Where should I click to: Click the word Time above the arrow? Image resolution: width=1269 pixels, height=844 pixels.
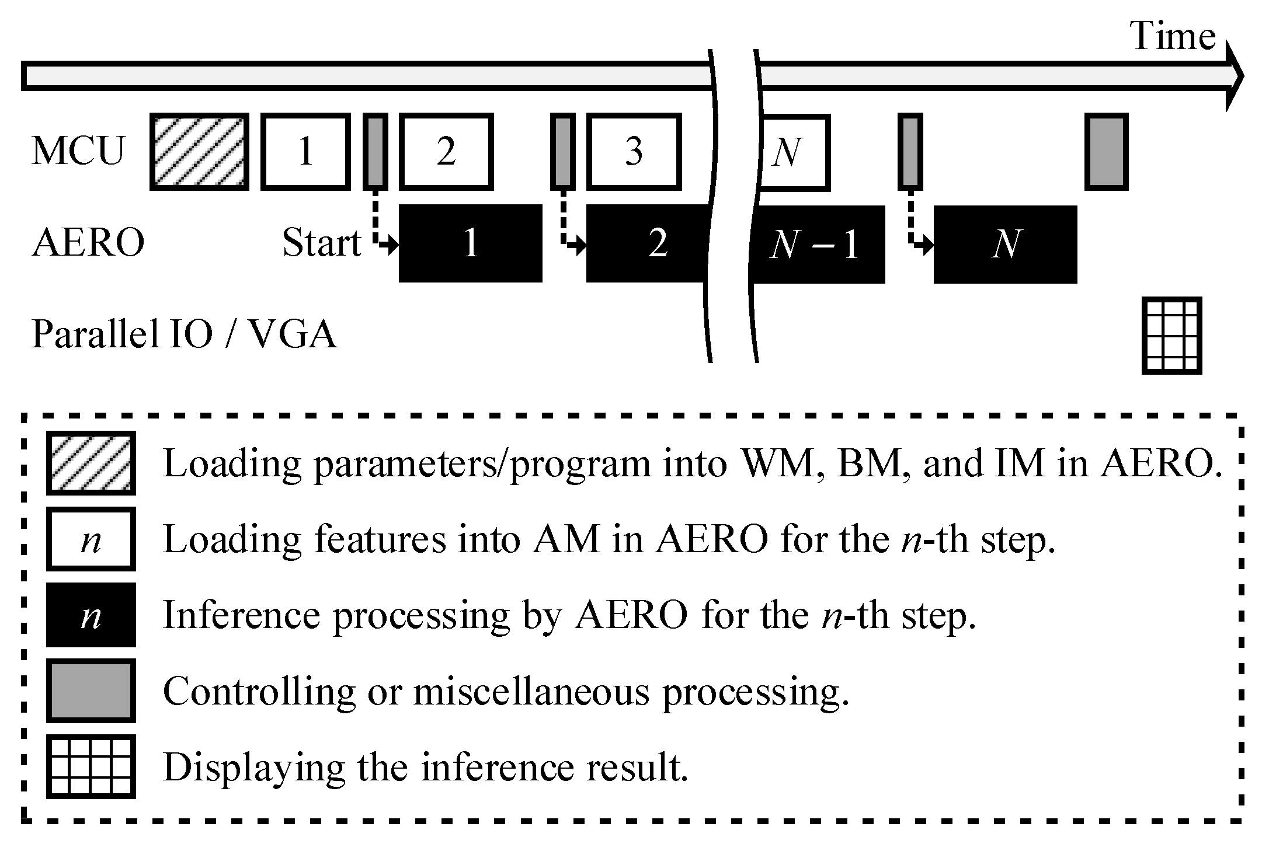point(1173,36)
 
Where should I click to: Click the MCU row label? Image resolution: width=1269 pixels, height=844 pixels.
point(78,152)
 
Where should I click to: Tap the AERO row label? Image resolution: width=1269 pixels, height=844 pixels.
point(88,243)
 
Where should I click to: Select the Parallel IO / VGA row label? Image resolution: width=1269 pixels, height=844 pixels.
point(183,334)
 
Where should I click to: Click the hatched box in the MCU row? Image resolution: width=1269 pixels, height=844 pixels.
point(199,152)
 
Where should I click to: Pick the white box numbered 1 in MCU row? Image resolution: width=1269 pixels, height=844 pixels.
point(305,152)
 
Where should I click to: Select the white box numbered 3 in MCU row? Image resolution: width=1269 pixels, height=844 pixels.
point(634,152)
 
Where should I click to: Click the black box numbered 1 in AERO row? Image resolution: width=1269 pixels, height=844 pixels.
point(470,243)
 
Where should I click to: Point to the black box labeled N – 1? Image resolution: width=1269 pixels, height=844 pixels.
point(816,244)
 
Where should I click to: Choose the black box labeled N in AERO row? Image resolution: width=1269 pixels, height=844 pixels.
point(1005,244)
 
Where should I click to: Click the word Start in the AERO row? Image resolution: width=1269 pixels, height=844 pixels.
point(321,243)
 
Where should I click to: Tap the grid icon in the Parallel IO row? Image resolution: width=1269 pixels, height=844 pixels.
point(1171,336)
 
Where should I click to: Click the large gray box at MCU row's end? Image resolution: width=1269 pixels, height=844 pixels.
point(1106,152)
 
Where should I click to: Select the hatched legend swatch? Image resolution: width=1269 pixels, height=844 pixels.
point(91,463)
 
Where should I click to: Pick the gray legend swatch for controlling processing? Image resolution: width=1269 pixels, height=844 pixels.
point(91,690)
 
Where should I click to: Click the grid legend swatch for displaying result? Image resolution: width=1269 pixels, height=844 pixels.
point(91,766)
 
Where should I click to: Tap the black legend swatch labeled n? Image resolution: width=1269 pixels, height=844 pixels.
point(91,615)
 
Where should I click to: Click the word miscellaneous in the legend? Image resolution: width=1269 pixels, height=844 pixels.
point(531,692)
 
